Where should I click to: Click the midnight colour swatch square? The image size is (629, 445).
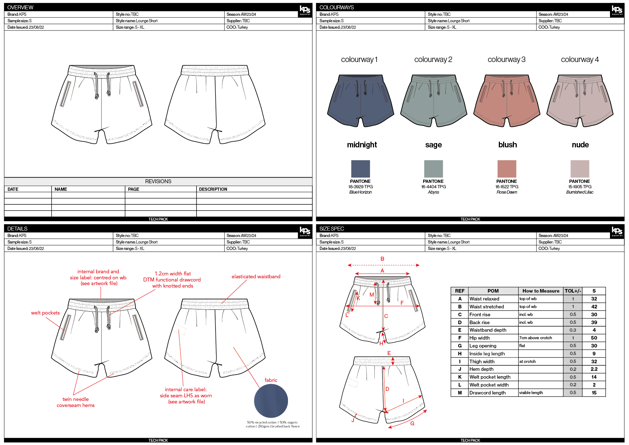360,169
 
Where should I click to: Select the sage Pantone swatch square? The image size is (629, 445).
433,169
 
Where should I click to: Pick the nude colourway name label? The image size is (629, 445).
580,145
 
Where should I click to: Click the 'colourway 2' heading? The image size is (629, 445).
433,60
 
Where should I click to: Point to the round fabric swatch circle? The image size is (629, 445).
271,401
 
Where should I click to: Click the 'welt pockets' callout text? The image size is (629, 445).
45,313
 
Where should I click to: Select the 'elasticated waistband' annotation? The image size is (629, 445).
256,276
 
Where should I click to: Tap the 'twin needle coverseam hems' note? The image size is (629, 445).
76,402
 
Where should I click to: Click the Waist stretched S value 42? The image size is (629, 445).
594,307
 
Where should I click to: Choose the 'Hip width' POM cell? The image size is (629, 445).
479,338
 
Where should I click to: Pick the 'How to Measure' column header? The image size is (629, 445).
540,291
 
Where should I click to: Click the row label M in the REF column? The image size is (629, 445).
460,393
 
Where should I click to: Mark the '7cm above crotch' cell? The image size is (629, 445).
535,338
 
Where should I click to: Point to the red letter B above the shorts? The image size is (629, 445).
382,259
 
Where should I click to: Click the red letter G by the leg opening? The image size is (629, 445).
412,423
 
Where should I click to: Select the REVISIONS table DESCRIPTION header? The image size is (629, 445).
213,189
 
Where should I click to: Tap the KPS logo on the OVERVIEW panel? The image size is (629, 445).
305,10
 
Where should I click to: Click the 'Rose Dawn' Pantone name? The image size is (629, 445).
507,192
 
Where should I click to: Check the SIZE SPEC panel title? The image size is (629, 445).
332,229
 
